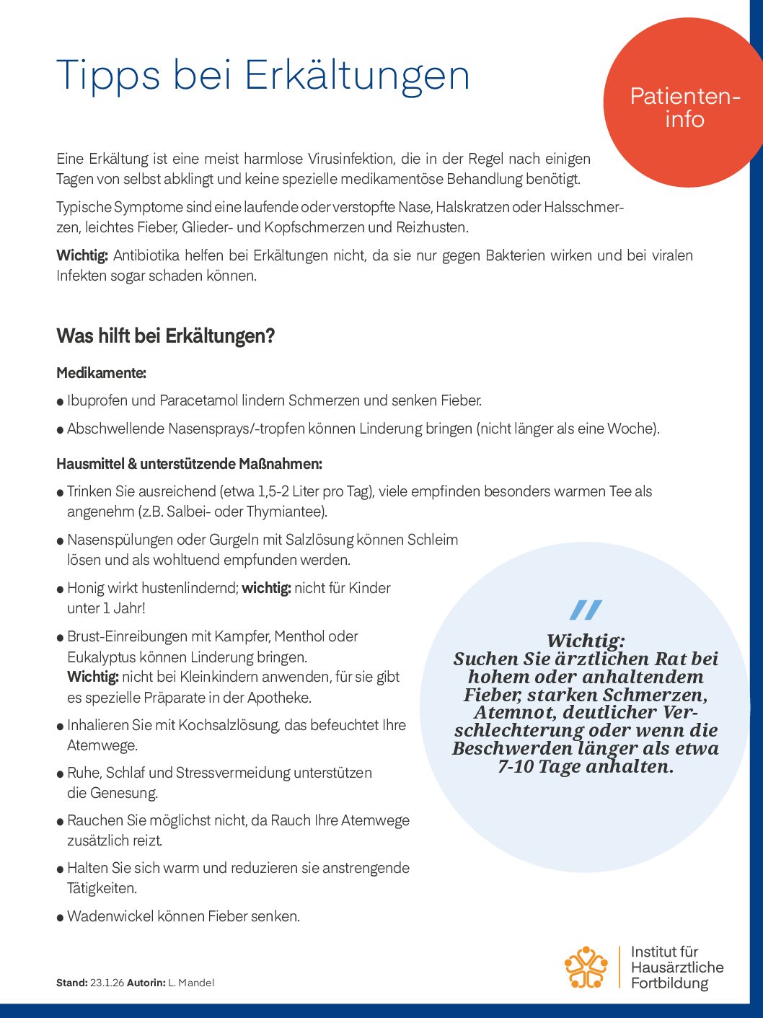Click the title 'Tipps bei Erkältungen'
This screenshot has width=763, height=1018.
(x=263, y=76)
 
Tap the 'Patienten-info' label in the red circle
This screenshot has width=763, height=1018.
(x=684, y=107)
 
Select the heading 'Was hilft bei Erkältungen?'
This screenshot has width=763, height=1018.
(x=166, y=336)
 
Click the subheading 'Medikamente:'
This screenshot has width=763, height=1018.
(x=101, y=373)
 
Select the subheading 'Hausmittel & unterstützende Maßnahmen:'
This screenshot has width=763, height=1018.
(x=189, y=464)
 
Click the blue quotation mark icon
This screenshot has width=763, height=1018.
(x=585, y=610)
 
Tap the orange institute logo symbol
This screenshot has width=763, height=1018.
(x=586, y=967)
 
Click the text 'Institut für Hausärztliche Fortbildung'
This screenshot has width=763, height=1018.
(x=676, y=967)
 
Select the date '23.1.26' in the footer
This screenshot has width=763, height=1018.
(x=107, y=983)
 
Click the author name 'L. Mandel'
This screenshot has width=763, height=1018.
(x=191, y=983)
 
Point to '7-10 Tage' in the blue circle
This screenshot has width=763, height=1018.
(x=538, y=766)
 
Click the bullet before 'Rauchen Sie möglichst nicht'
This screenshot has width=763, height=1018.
(x=61, y=822)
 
